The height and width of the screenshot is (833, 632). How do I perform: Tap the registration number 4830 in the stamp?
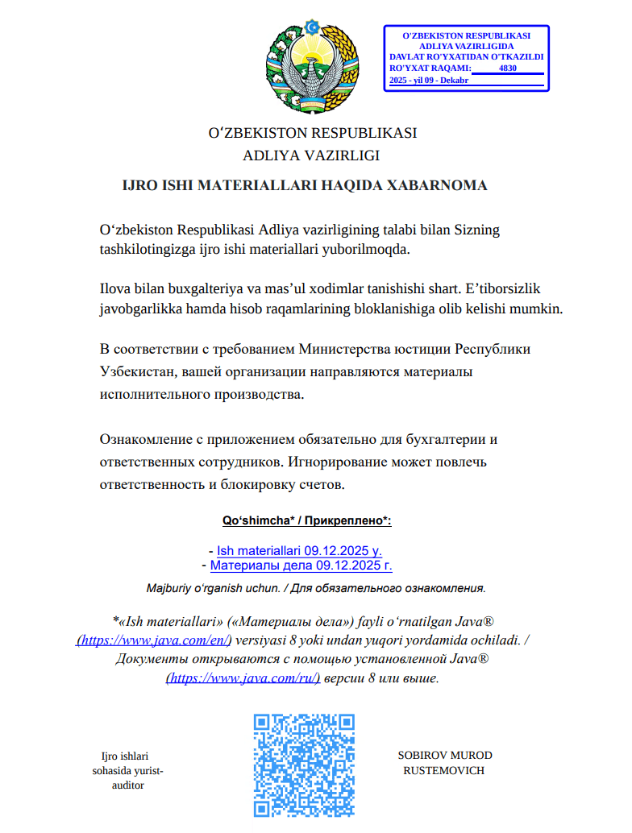[508, 68]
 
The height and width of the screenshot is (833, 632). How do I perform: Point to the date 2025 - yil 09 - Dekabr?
[428, 81]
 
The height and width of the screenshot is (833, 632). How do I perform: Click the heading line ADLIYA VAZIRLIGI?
[310, 156]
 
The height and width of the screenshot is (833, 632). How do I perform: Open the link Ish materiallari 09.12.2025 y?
[299, 551]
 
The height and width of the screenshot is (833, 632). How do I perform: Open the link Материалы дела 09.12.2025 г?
[301, 566]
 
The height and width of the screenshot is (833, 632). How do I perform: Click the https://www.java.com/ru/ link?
[243, 678]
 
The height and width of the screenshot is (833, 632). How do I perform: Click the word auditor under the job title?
[127, 785]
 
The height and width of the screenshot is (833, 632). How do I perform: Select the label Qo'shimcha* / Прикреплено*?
[306, 521]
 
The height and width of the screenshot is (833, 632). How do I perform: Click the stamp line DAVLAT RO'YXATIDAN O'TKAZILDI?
[467, 57]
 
